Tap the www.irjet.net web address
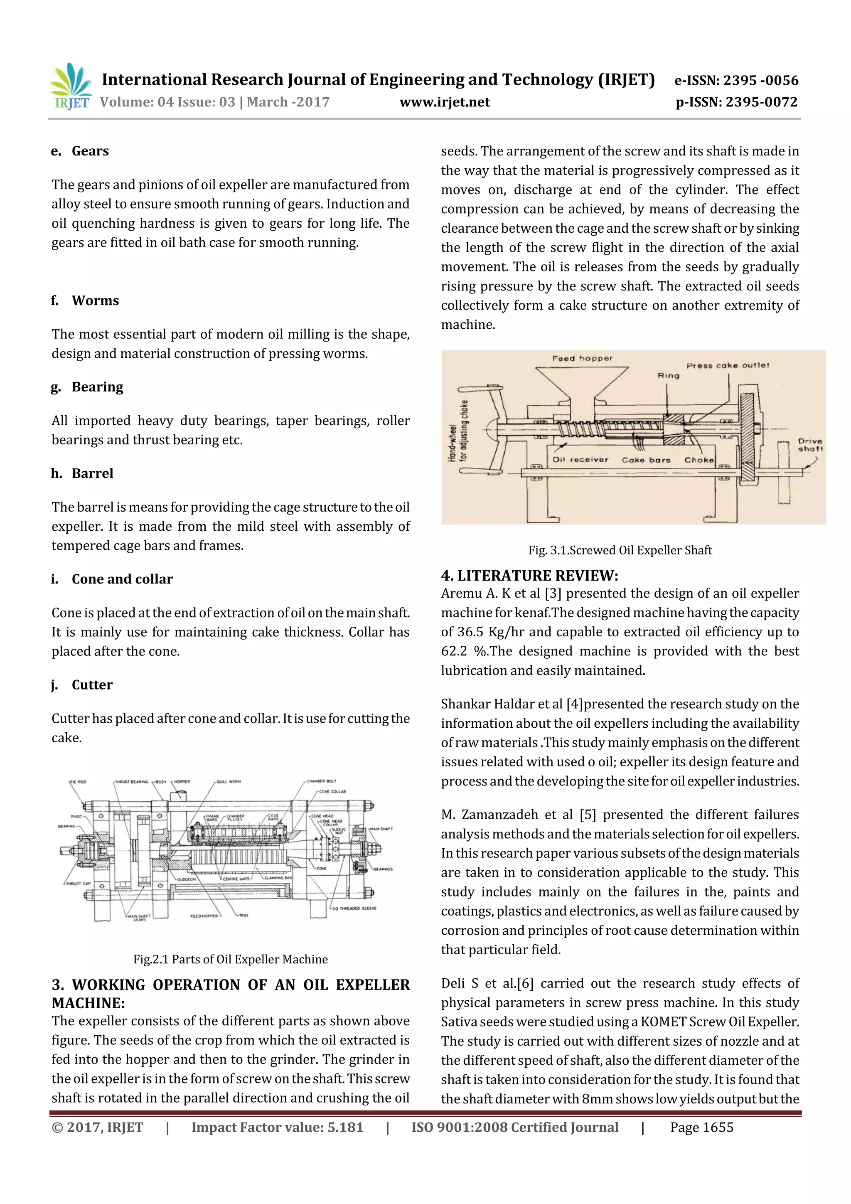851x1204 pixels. click(x=444, y=102)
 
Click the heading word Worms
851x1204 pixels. click(x=96, y=300)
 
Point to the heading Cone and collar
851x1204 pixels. click(x=122, y=579)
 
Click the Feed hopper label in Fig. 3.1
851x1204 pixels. click(x=582, y=359)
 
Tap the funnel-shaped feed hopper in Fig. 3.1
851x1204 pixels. click(x=581, y=383)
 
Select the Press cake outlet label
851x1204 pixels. click(x=728, y=365)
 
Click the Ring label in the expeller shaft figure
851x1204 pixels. click(x=668, y=375)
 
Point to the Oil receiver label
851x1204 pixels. click(x=580, y=459)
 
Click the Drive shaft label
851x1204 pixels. click(x=810, y=445)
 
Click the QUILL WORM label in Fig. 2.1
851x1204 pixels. click(x=229, y=781)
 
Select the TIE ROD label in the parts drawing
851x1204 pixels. click(x=78, y=782)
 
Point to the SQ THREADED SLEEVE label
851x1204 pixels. click(x=354, y=908)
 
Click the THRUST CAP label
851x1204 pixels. click(x=78, y=883)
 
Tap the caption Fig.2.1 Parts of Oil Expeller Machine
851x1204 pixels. click(x=230, y=959)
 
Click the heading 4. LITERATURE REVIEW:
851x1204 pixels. click(x=529, y=576)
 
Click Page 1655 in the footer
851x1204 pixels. click(x=701, y=1128)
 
